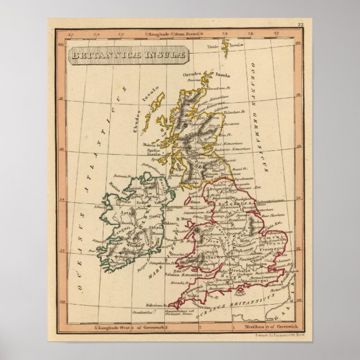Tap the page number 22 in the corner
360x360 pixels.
[300, 25]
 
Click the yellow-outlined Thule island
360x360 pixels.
[225, 48]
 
